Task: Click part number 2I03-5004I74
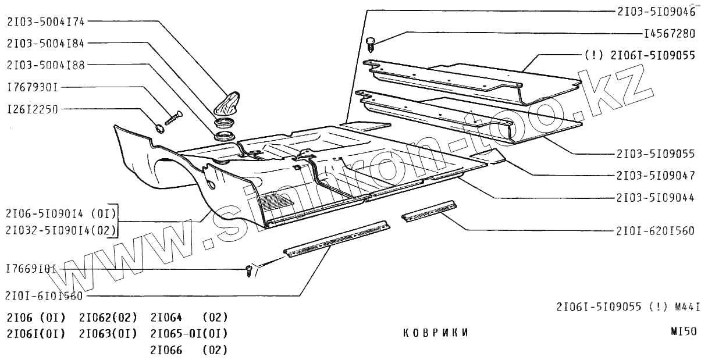pyautogui.click(x=46, y=22)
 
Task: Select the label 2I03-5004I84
pyautogui.click(x=46, y=44)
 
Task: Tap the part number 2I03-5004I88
pyautogui.click(x=46, y=65)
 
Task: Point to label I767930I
pyautogui.click(x=33, y=87)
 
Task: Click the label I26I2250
pyautogui.click(x=33, y=109)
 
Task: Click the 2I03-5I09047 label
pyautogui.click(x=655, y=175)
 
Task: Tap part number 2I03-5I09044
pyautogui.click(x=655, y=198)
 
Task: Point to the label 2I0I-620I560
pyautogui.click(x=655, y=231)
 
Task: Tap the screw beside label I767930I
pyautogui.click(x=173, y=117)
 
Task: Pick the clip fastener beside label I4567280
pyautogui.click(x=372, y=41)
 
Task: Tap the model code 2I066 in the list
pyautogui.click(x=166, y=350)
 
